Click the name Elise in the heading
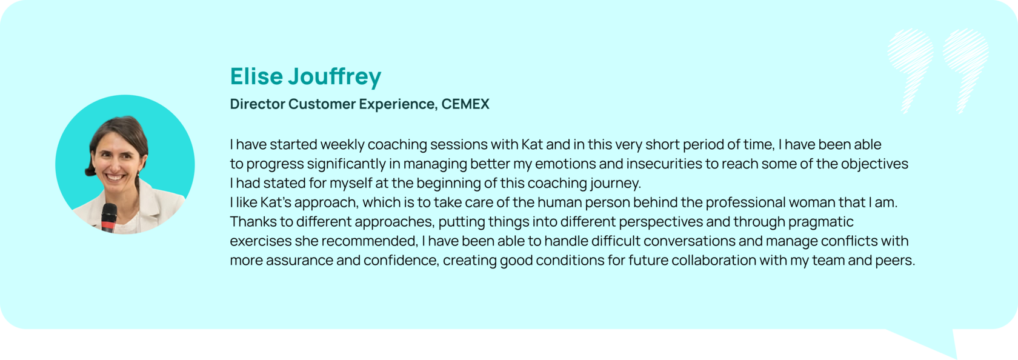pyautogui.click(x=256, y=76)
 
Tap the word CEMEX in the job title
pyautogui.click(x=465, y=104)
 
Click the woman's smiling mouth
pyautogui.click(x=115, y=177)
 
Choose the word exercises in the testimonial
pyautogui.click(x=261, y=241)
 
